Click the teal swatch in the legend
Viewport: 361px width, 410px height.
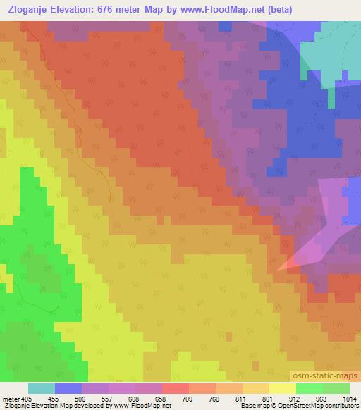(x=42, y=388)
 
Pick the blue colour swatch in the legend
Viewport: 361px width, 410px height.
(x=68, y=388)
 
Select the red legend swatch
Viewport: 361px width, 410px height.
(x=176, y=388)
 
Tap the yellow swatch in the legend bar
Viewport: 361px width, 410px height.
(x=283, y=388)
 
